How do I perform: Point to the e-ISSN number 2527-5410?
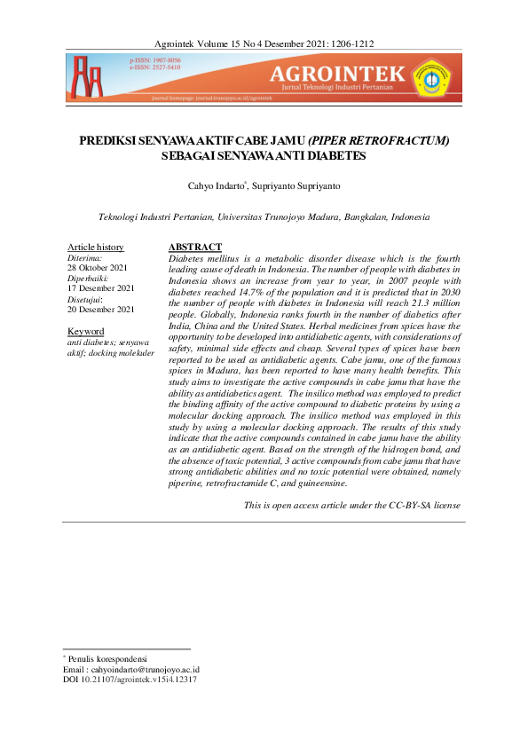tap(162, 67)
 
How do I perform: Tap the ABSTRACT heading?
tap(194, 247)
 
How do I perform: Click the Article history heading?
tap(96, 247)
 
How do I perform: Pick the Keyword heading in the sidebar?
tap(86, 331)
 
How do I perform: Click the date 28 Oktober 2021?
tap(98, 267)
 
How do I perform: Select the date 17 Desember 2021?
tap(101, 288)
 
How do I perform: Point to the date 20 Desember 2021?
tap(101, 310)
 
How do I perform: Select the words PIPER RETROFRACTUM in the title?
tap(381, 140)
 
